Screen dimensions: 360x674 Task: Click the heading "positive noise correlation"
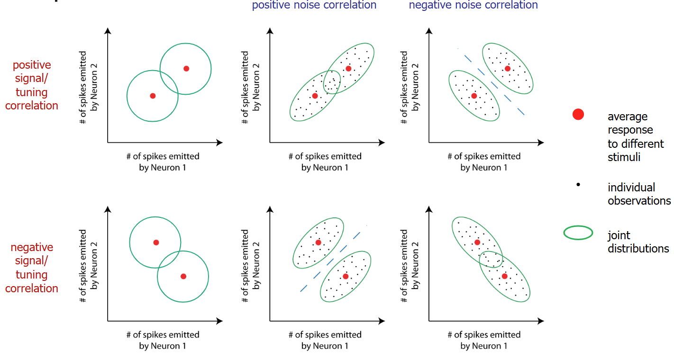point(314,5)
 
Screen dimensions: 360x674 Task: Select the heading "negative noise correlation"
point(473,5)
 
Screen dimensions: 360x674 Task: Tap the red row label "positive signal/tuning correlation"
point(32,85)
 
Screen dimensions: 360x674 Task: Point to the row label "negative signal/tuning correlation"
point(32,268)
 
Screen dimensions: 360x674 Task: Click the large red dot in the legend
point(578,114)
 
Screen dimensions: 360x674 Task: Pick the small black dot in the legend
point(578,185)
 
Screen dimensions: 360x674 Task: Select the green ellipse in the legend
point(578,233)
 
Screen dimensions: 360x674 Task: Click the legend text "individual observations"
point(639,194)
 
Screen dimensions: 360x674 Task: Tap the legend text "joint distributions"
point(638,242)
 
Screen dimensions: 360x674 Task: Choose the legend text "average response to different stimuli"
point(635,136)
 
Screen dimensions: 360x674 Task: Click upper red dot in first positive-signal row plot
point(186,69)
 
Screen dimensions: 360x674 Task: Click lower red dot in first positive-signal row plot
point(153,96)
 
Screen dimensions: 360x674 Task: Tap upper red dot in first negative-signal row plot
point(156,243)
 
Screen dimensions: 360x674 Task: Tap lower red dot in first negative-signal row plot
point(183,276)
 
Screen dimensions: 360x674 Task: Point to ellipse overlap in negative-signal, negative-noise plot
point(492,259)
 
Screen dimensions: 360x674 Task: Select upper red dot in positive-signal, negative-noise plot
point(508,69)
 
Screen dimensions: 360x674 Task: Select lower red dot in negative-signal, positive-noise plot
point(346,276)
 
